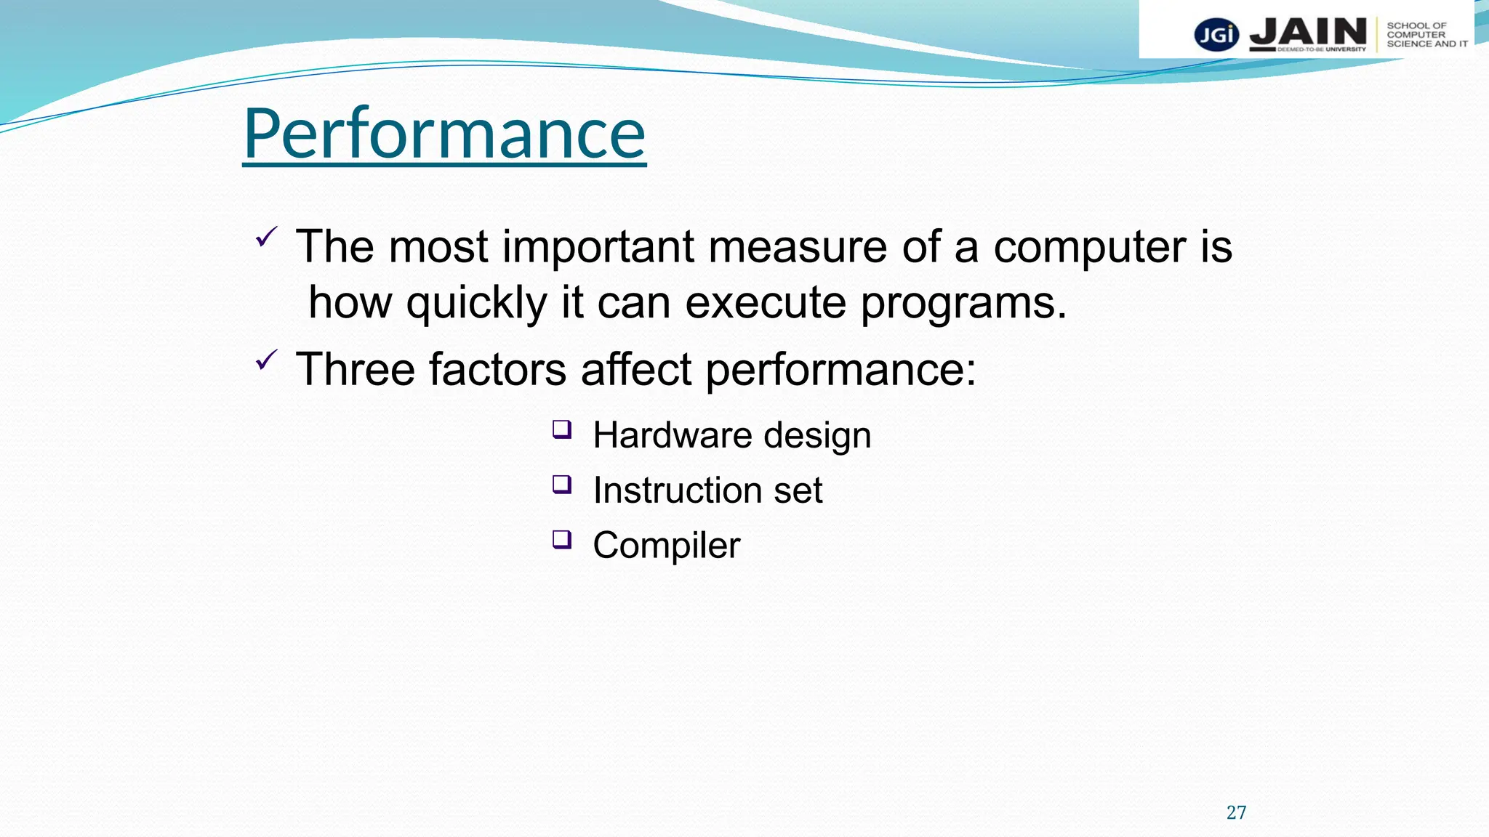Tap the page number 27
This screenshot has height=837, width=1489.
[x=1236, y=812]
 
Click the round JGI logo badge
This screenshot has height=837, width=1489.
[x=1216, y=35]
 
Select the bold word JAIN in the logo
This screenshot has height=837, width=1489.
[x=1308, y=33]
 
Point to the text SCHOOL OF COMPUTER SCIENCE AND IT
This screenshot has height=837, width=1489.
[x=1426, y=35]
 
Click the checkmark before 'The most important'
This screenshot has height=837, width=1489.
[x=266, y=237]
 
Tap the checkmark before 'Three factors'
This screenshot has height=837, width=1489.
[x=266, y=360]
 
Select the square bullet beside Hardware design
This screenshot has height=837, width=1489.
[x=561, y=429]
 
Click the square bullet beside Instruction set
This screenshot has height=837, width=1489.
[x=561, y=484]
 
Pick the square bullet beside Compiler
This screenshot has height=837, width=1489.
[x=561, y=539]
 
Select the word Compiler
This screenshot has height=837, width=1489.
[x=666, y=546]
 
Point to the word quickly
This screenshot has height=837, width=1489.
[x=476, y=304]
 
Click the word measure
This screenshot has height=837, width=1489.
[x=798, y=247]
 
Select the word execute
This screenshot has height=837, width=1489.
[x=766, y=302]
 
